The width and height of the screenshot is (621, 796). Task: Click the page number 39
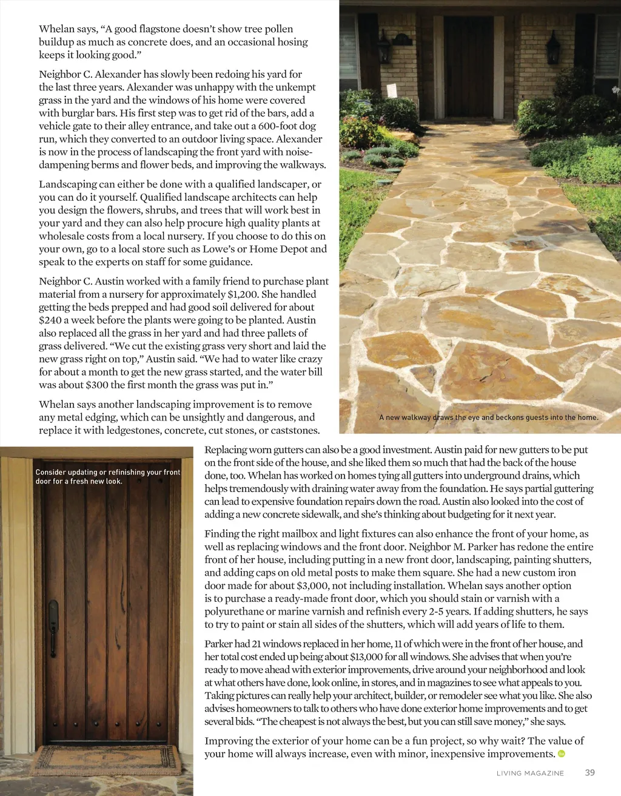(x=589, y=773)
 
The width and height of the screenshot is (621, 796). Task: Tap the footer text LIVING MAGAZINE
(x=530, y=774)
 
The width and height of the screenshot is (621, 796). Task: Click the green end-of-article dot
(x=561, y=754)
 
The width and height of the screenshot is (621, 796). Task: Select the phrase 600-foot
(x=278, y=126)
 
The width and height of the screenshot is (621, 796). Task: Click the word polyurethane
(x=235, y=612)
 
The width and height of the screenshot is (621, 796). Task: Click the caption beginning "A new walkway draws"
(x=488, y=417)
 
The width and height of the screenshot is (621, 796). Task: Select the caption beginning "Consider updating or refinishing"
(x=108, y=476)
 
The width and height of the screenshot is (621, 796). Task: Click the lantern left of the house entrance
(x=384, y=47)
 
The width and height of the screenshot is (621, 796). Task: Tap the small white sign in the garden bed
(x=391, y=90)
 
